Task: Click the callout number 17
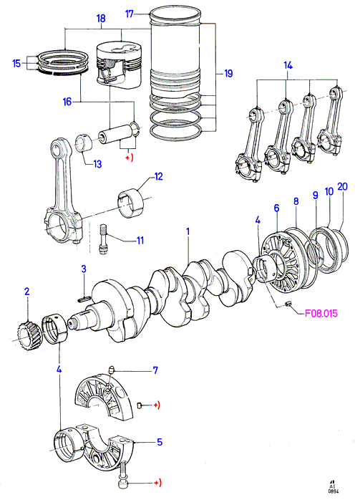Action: click(129, 14)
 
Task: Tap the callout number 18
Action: click(101, 19)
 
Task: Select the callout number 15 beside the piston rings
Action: click(16, 63)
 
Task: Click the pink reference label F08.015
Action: click(321, 314)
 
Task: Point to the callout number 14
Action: click(288, 65)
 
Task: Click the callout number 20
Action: click(342, 186)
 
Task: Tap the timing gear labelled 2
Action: click(29, 337)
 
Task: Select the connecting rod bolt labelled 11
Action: click(102, 239)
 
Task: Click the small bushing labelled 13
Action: click(84, 143)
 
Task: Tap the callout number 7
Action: click(155, 370)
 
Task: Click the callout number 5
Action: click(160, 442)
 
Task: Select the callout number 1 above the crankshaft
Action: click(188, 231)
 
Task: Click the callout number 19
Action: click(228, 73)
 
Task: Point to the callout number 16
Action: click(67, 102)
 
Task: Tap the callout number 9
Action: click(315, 195)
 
